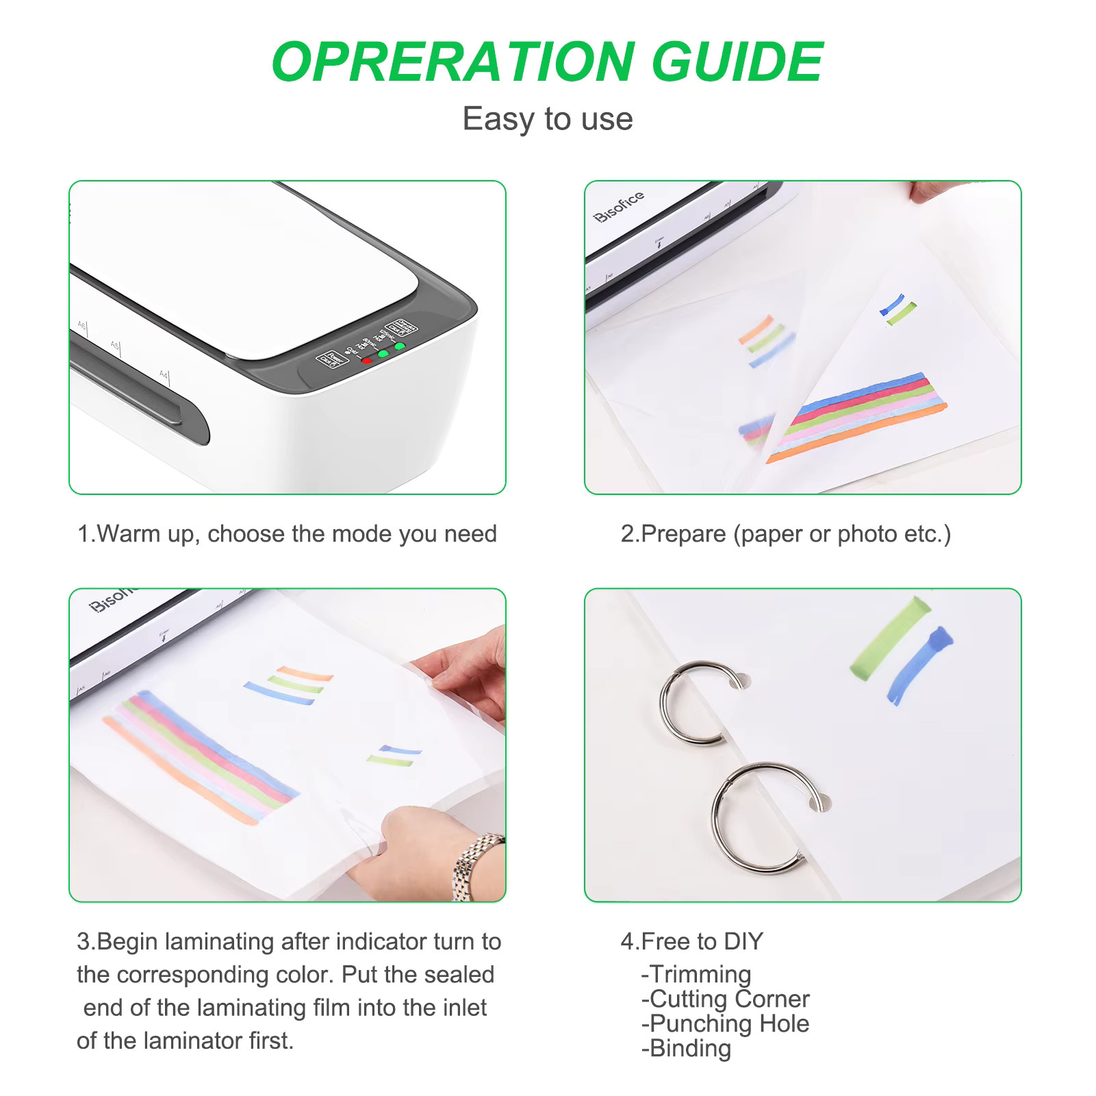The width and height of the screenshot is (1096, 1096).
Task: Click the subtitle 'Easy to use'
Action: (x=547, y=119)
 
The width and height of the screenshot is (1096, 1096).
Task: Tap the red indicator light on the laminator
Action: (x=366, y=360)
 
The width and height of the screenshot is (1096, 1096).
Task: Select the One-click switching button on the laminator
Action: (x=402, y=327)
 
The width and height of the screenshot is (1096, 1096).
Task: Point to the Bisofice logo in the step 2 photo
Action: (x=618, y=205)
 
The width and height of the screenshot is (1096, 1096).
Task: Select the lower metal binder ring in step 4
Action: (x=760, y=818)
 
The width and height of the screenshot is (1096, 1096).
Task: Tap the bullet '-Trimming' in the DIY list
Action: (x=696, y=974)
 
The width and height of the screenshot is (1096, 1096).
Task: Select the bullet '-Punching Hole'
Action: (x=725, y=1023)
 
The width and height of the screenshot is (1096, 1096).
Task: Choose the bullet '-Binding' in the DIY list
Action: (x=686, y=1048)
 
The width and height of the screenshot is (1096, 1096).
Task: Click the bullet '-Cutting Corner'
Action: (x=725, y=999)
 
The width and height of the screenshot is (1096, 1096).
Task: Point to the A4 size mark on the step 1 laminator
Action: (x=163, y=374)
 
